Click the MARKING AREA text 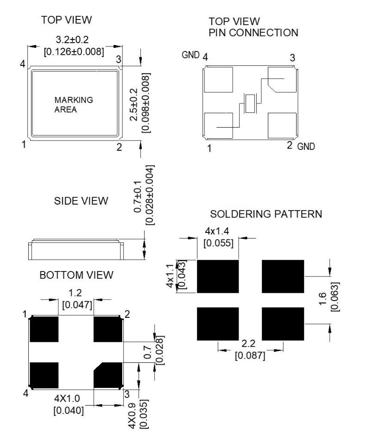pyautogui.click(x=73, y=105)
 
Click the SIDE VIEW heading pyautogui.click(x=81, y=201)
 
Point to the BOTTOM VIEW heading pyautogui.click(x=76, y=275)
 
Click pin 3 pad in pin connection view pyautogui.click(x=282, y=80)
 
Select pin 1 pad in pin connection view pyautogui.click(x=218, y=125)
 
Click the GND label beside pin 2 pyautogui.click(x=306, y=147)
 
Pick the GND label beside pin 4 pyautogui.click(x=190, y=56)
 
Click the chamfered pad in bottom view pyautogui.click(x=108, y=375)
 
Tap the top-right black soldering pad pyautogui.click(x=283, y=277)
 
